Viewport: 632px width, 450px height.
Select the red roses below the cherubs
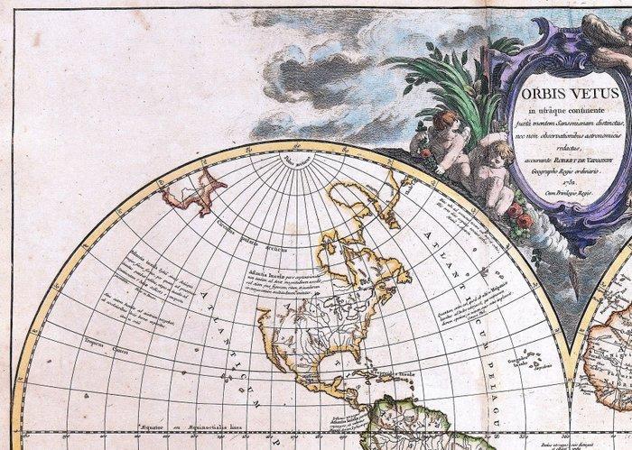518,216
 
